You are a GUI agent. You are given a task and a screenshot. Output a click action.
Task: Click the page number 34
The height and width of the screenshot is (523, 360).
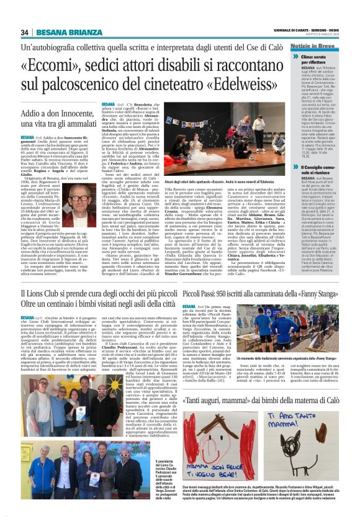tap(24, 32)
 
